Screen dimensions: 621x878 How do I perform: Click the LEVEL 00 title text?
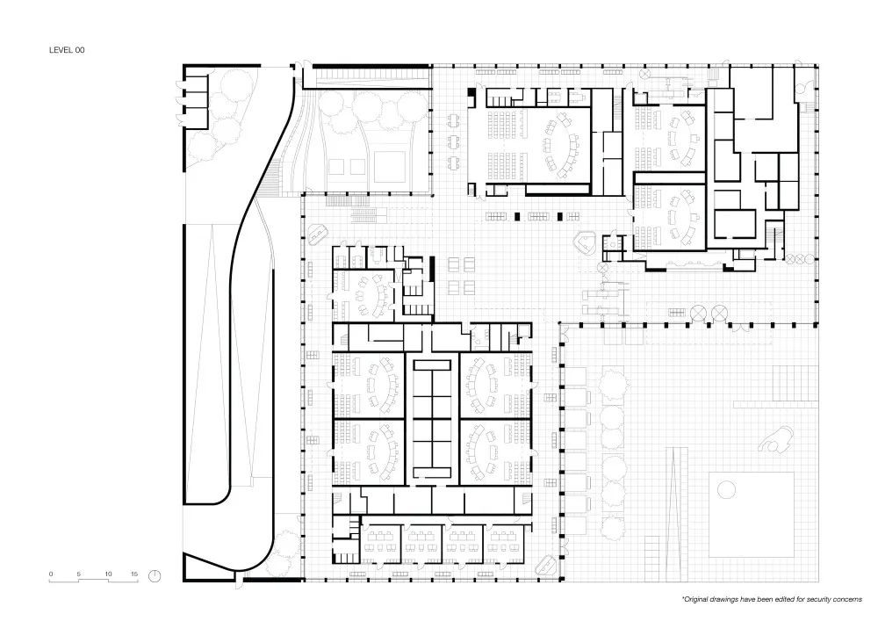[x=67, y=50]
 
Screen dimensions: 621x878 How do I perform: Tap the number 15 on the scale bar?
[x=134, y=574]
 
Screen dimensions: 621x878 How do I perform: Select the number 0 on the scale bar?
[x=51, y=574]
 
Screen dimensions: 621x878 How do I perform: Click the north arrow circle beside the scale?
[x=155, y=575]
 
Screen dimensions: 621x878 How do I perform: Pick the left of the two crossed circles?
[x=700, y=313]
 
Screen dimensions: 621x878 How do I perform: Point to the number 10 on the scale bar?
[x=108, y=574]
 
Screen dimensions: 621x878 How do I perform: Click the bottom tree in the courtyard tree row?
[x=613, y=524]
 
